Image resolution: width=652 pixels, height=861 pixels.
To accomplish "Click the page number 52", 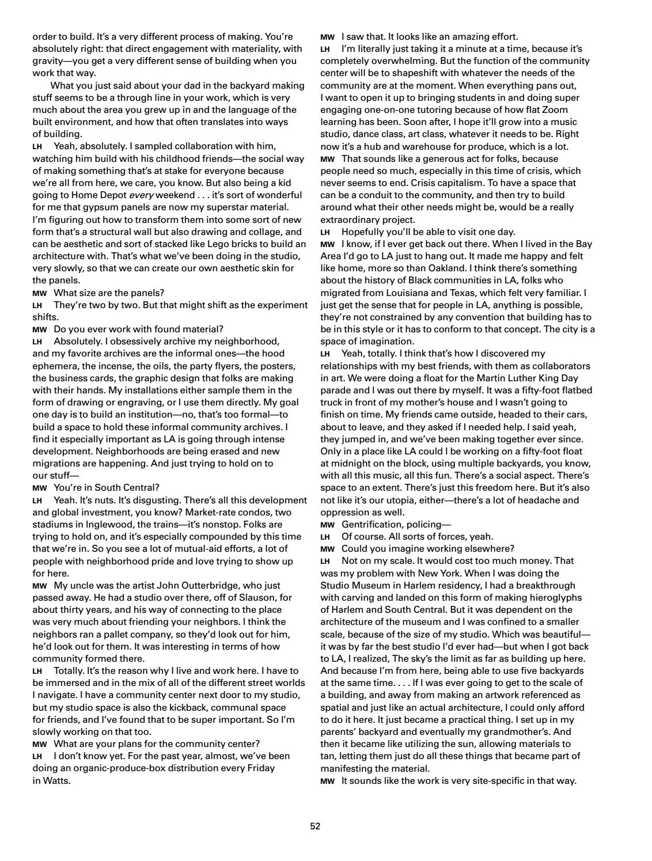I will (x=315, y=826).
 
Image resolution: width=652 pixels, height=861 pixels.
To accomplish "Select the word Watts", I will (x=57, y=782).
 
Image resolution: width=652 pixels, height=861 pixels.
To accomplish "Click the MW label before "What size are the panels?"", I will (x=39, y=293).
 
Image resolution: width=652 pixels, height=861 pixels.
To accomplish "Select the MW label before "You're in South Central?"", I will (x=39, y=488).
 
